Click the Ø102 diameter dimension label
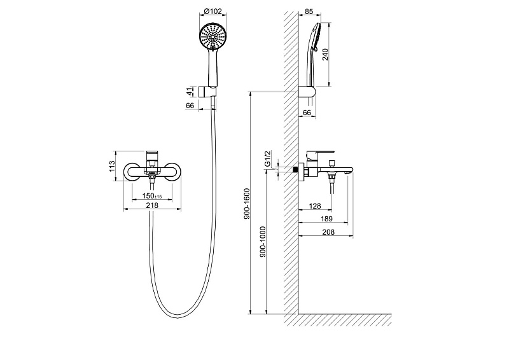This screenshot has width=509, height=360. tap(213, 11)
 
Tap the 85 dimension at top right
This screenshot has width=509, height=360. tap(309, 11)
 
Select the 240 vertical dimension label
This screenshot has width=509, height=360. tap(325, 54)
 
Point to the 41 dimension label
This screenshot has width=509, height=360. tap(190, 92)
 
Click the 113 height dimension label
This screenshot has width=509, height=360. tap(112, 166)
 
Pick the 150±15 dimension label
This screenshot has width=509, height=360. tap(152, 196)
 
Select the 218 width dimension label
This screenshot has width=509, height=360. tap(152, 205)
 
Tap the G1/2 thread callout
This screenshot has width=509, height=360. tap(268, 159)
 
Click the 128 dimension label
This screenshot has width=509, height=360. tap(315, 206)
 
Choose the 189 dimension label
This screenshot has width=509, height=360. tap(326, 219)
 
